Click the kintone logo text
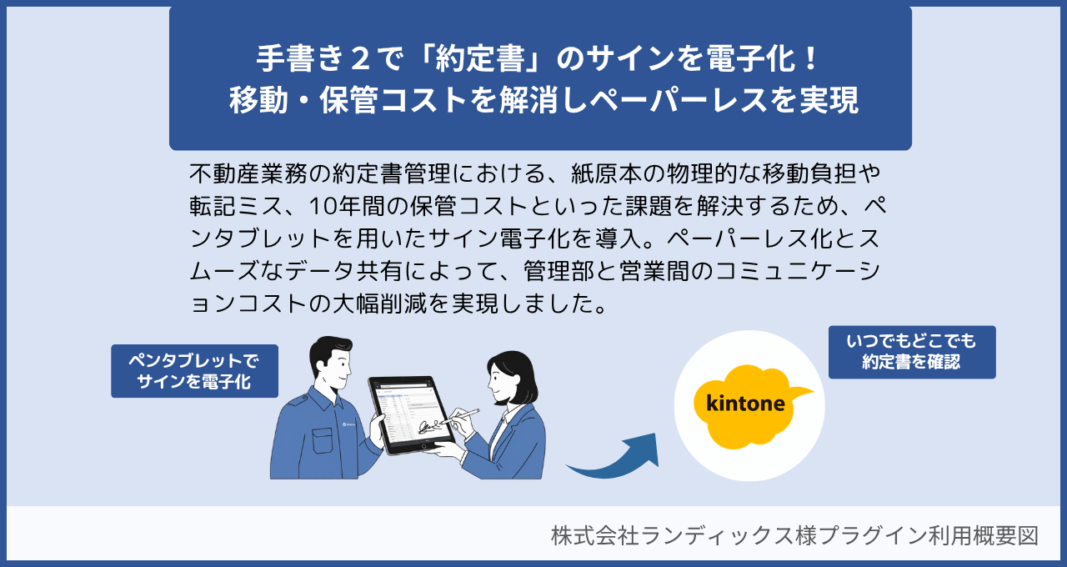click(745, 404)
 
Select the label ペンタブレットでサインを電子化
click(194, 371)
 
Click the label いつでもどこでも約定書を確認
click(912, 352)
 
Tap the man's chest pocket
click(323, 441)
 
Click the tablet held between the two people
click(408, 414)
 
